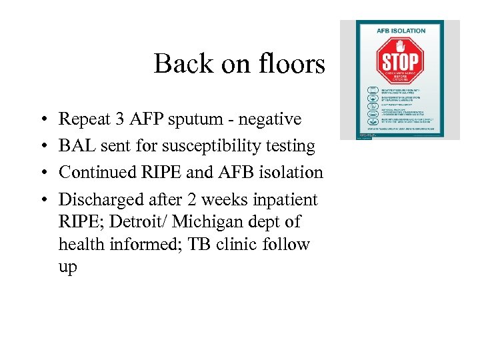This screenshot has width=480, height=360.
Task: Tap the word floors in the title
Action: pyautogui.click(x=294, y=65)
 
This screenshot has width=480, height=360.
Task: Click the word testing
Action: pyautogui.click(x=291, y=147)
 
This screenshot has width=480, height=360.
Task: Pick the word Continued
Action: pyautogui.click(x=97, y=172)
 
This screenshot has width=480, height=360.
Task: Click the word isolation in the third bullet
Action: pyautogui.click(x=295, y=172)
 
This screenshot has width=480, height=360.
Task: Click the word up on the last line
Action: pyautogui.click(x=68, y=268)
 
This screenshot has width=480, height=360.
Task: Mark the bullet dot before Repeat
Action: pyautogui.click(x=42, y=120)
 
